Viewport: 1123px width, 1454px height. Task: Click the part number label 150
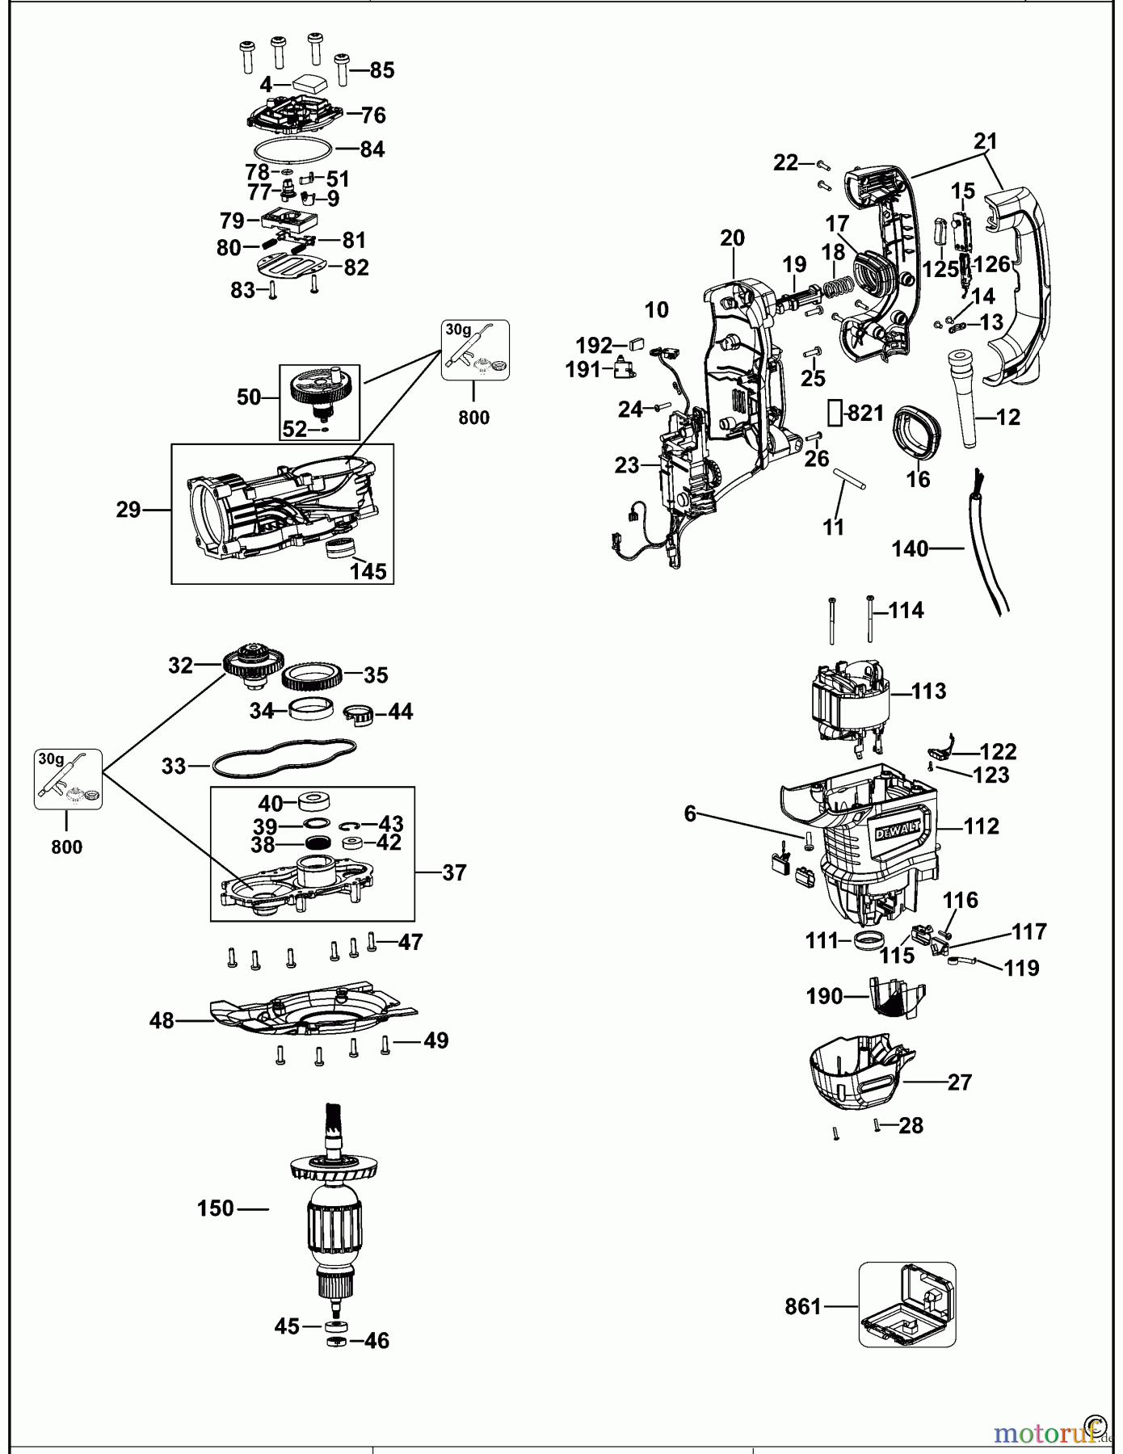tap(216, 1208)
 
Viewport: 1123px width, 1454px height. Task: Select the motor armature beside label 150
tap(334, 1220)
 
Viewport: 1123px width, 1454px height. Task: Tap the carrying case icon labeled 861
tap(906, 1305)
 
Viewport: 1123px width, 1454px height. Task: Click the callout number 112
tap(981, 826)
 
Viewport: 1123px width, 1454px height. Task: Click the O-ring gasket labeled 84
tap(292, 150)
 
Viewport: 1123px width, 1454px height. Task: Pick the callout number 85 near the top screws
tap(381, 70)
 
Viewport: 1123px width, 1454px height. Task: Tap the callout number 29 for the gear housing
tap(128, 510)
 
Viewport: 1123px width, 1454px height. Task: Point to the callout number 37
tap(454, 872)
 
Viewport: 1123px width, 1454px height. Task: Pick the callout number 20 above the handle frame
tap(732, 238)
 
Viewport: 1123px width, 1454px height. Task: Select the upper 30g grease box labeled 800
tap(476, 350)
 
